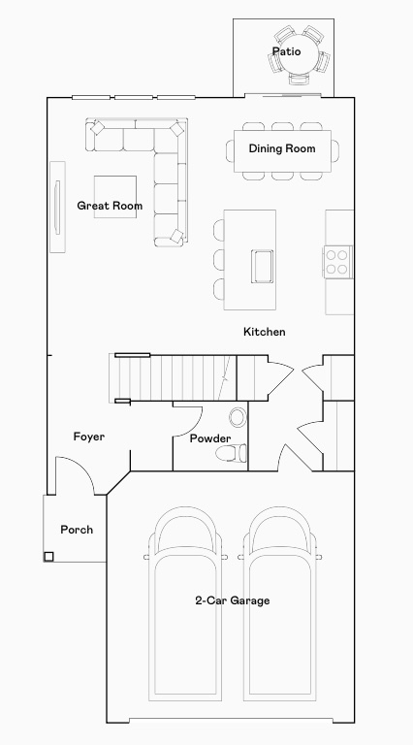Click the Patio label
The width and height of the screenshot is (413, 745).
tap(286, 51)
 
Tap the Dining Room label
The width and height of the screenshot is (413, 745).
tap(282, 148)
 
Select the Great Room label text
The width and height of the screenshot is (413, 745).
tap(110, 206)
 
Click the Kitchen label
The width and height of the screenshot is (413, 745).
tap(264, 332)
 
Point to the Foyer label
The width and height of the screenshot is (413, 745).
tap(89, 437)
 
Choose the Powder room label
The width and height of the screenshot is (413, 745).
tap(209, 438)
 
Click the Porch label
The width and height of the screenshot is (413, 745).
tap(77, 530)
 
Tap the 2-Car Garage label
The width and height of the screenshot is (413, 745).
tap(232, 600)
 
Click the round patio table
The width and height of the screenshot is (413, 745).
tap(299, 59)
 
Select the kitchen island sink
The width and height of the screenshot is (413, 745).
tap(262, 265)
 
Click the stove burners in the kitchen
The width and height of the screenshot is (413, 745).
tap(336, 260)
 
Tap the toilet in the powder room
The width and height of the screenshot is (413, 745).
tap(231, 453)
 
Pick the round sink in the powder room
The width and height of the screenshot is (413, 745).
tap(238, 418)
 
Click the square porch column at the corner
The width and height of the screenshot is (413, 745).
tap(48, 557)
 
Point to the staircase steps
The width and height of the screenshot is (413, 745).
tap(175, 376)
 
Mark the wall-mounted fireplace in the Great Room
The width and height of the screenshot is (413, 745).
tap(57, 206)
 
